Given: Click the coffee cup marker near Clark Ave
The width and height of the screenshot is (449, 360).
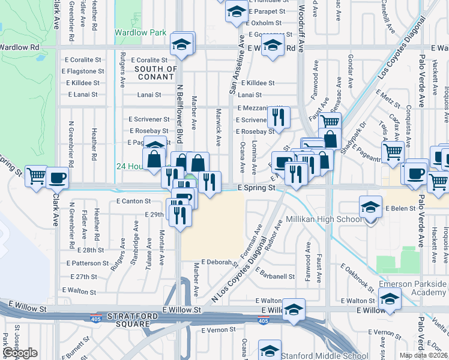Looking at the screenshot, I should pyautogui.click(x=58, y=178).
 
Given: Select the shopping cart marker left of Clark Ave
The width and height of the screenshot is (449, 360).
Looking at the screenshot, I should pyautogui.click(x=37, y=176).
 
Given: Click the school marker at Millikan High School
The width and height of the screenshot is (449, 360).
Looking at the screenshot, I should pyautogui.click(x=370, y=208).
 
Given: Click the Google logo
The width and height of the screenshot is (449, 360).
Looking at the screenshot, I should pyautogui.click(x=20, y=353).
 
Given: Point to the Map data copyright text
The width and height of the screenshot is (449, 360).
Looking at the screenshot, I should pyautogui.click(x=424, y=355).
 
